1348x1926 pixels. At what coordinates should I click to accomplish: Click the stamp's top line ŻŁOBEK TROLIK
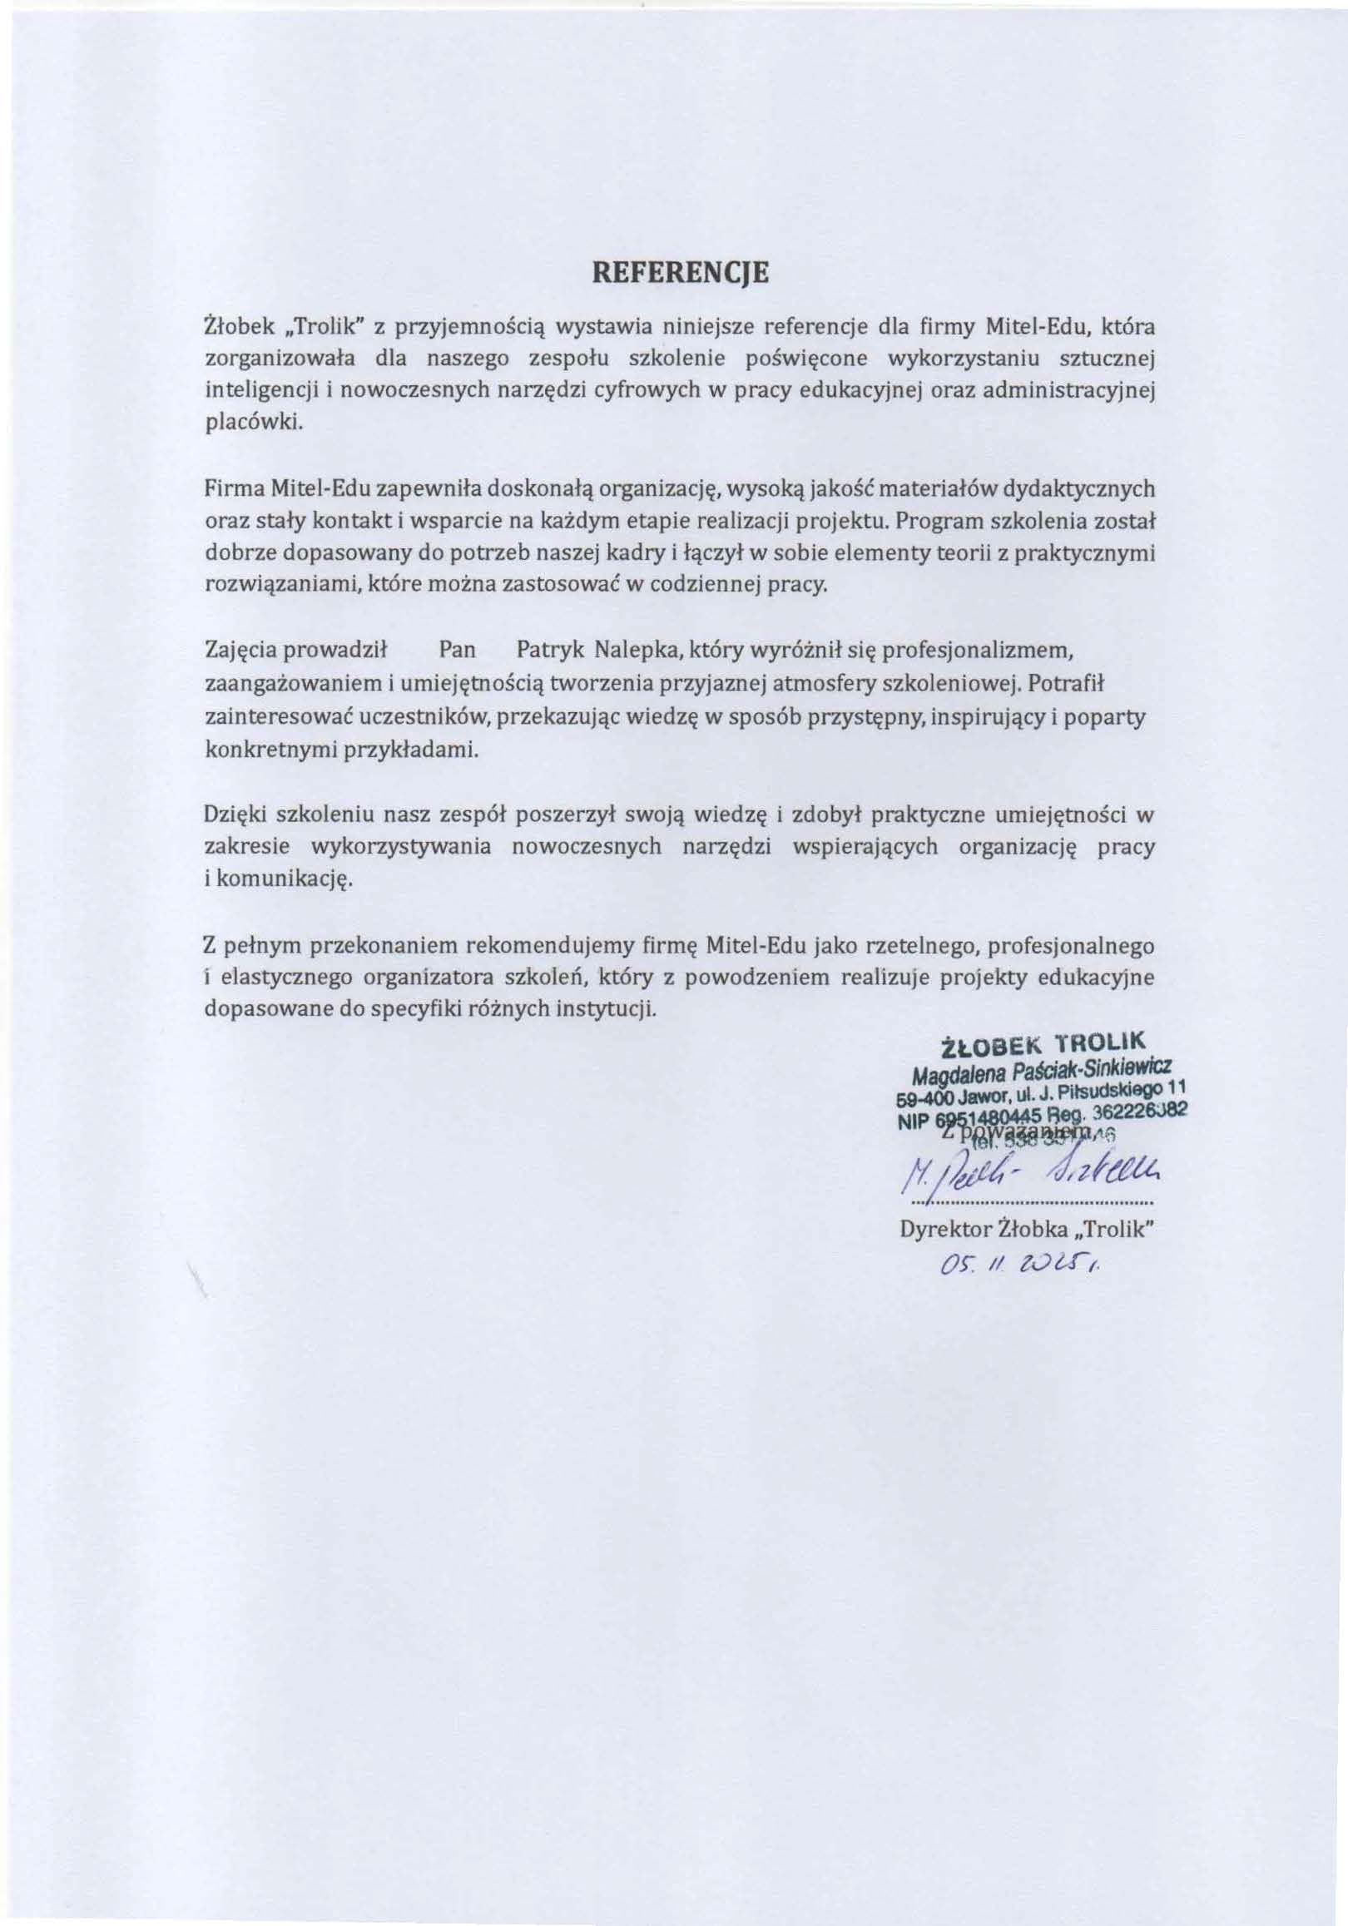pyautogui.click(x=1041, y=1043)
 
